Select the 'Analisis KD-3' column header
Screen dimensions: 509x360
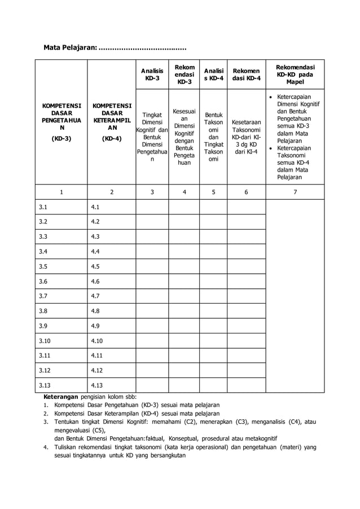(152, 74)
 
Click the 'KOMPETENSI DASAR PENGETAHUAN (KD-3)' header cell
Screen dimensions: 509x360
(62, 121)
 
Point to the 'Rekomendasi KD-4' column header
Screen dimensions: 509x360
(246, 74)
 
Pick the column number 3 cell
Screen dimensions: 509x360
(152, 192)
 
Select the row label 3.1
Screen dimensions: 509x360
(43, 207)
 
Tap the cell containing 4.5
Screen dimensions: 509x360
(95, 266)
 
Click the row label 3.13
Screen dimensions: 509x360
(45, 385)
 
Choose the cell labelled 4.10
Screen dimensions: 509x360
(97, 340)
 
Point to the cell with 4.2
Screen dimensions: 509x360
(95, 222)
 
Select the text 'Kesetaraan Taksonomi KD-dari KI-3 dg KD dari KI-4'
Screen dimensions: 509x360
(246, 137)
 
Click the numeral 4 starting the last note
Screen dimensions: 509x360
(46, 446)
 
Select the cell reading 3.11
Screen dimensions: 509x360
(45, 355)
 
